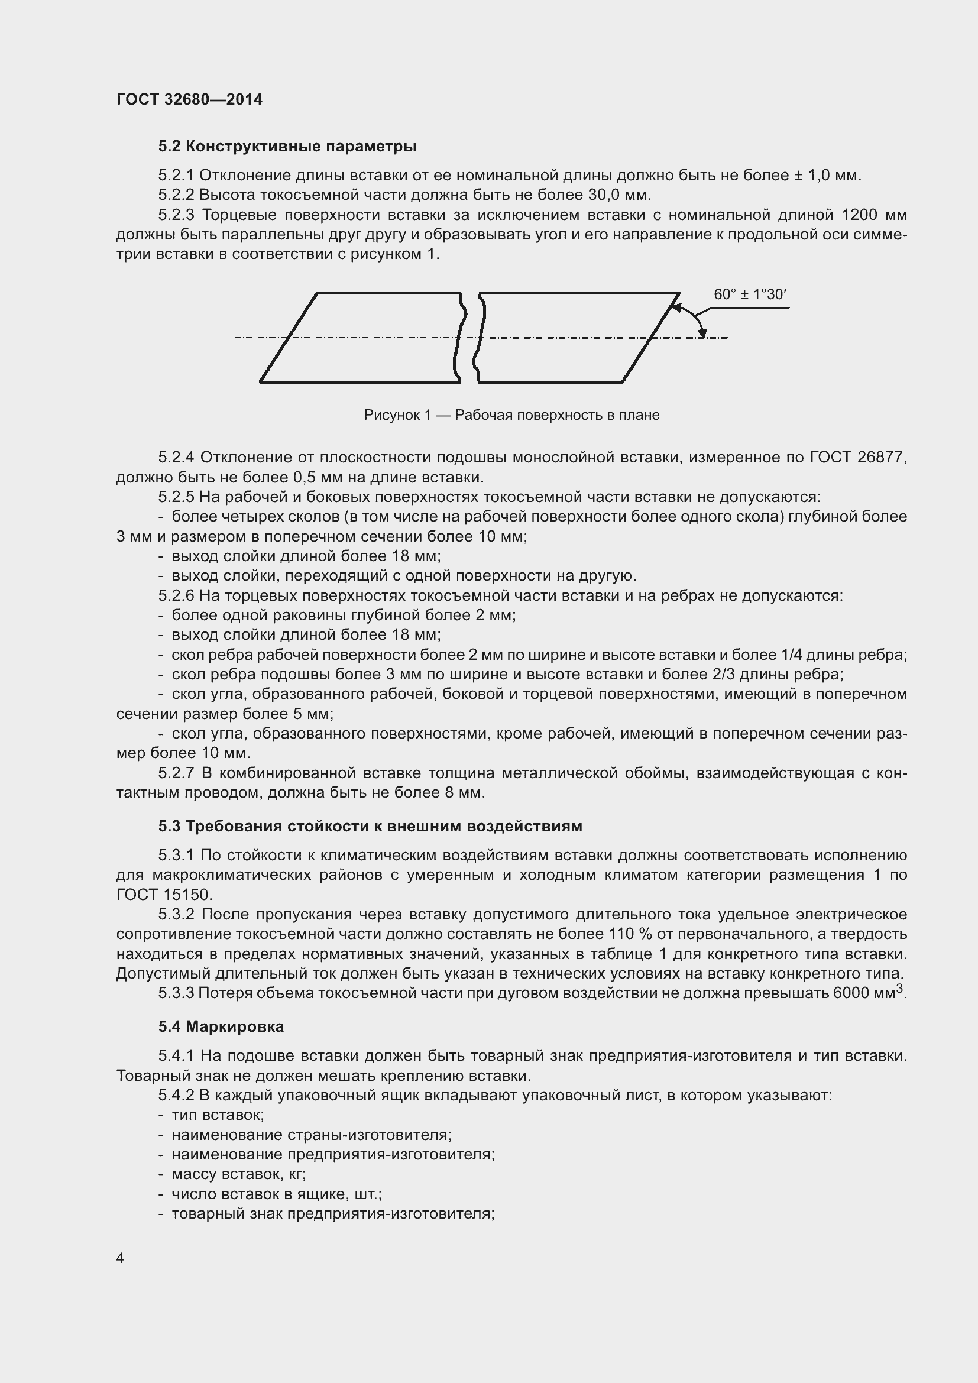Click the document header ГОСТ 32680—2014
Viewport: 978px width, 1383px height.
coord(189,99)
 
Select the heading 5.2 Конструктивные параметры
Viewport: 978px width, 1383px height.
coord(287,147)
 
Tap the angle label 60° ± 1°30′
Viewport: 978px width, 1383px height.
coord(750,294)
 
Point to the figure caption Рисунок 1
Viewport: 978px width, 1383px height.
coord(511,415)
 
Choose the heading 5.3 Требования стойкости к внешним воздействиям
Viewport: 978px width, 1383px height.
coord(370,826)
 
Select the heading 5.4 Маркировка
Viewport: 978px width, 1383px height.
coord(221,1026)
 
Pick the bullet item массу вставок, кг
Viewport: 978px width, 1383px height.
coord(238,1174)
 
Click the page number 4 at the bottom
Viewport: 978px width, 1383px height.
coord(121,1258)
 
